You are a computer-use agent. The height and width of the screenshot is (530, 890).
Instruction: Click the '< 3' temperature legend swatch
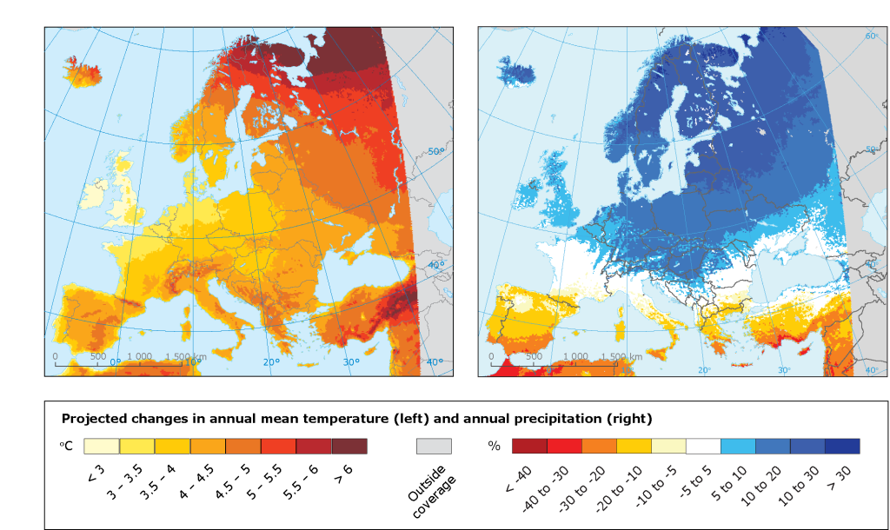[x=102, y=446]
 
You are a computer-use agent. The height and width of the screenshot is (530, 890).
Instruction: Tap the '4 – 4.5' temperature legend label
[x=196, y=476]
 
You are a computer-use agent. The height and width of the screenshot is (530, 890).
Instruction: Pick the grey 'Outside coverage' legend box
[x=434, y=446]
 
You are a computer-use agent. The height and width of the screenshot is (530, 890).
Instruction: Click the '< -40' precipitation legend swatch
[x=529, y=446]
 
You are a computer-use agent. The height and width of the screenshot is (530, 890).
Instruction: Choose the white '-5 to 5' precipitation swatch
[x=703, y=446]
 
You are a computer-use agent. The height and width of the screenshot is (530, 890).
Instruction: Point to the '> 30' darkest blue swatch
[x=842, y=446]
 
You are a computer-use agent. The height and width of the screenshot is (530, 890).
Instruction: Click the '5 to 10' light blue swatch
[x=738, y=446]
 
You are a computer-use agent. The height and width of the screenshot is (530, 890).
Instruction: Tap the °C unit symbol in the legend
[x=65, y=446]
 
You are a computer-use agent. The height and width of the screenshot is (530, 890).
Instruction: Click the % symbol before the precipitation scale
[x=495, y=447]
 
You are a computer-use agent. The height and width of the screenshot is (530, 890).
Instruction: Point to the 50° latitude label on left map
[x=436, y=151]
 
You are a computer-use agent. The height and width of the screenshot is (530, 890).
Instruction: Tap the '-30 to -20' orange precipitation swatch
[x=599, y=446]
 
